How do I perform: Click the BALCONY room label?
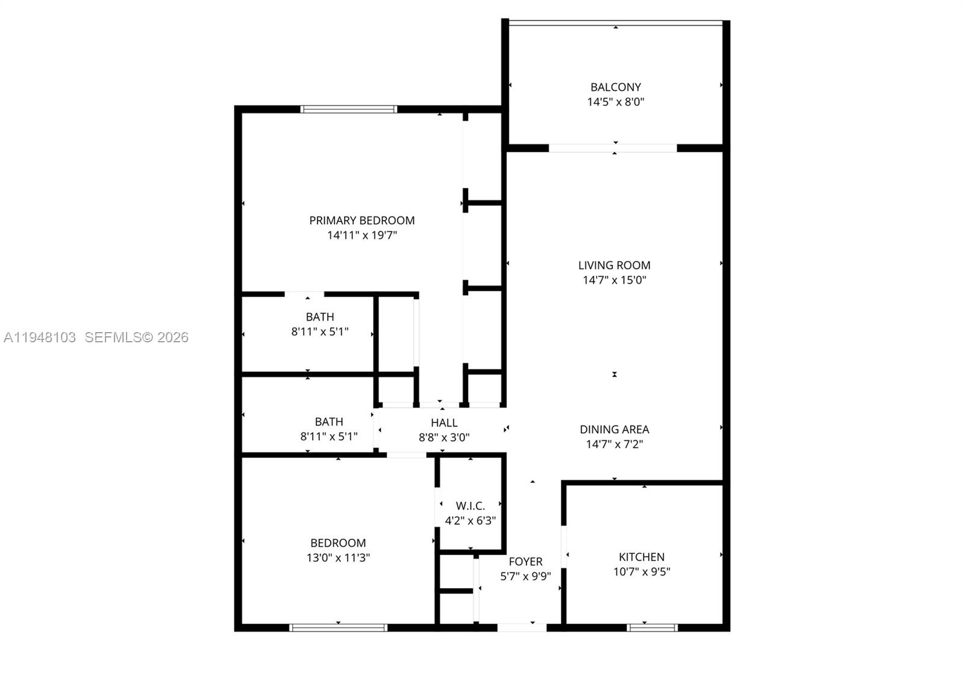coord(615,87)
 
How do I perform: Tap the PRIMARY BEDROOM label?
coord(361,221)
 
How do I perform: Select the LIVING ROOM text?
coord(614,265)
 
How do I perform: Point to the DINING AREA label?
coord(614,430)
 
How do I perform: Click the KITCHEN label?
coord(642,557)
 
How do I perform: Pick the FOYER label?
coord(525,562)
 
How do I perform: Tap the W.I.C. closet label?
coord(470,506)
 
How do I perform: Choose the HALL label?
coord(444,423)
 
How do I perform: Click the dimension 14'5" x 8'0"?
coord(615,102)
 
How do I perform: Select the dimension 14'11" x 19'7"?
coord(361,236)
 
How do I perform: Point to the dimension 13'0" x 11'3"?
coord(338,558)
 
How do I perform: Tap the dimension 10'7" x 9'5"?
coord(642,572)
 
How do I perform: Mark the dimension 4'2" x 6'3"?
coord(470,521)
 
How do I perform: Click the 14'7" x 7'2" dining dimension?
coord(614,445)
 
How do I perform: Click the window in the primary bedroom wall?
coord(349,110)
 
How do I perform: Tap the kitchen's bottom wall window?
coord(652,627)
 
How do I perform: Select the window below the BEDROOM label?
coord(338,627)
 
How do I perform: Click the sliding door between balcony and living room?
coord(613,148)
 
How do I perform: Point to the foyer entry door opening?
coord(522,627)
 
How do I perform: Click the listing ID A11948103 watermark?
coord(40,337)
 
